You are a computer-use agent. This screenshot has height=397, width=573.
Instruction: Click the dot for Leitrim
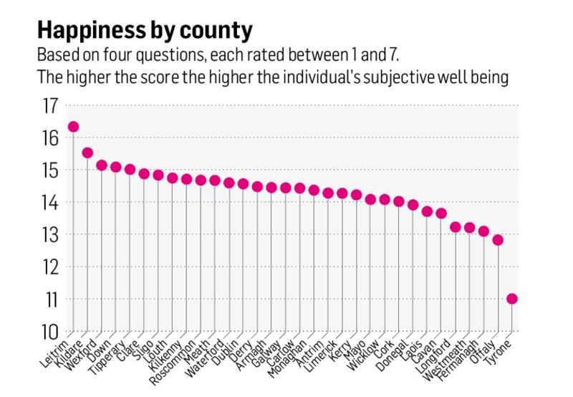click(73, 127)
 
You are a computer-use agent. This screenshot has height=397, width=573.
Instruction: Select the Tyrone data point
click(511, 299)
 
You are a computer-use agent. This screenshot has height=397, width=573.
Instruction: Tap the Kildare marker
click(87, 153)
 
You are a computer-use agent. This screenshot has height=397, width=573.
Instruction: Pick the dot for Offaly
click(498, 240)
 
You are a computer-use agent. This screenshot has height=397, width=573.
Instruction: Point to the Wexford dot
click(102, 166)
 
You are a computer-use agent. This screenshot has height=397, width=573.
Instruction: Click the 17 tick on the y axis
click(49, 106)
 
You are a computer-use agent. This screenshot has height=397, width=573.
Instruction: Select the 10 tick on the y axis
click(49, 332)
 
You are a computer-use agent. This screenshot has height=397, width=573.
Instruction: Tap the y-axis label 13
click(49, 235)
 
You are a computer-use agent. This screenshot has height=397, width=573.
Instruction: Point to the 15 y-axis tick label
click(49, 171)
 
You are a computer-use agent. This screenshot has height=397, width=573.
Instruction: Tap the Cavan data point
click(441, 214)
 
